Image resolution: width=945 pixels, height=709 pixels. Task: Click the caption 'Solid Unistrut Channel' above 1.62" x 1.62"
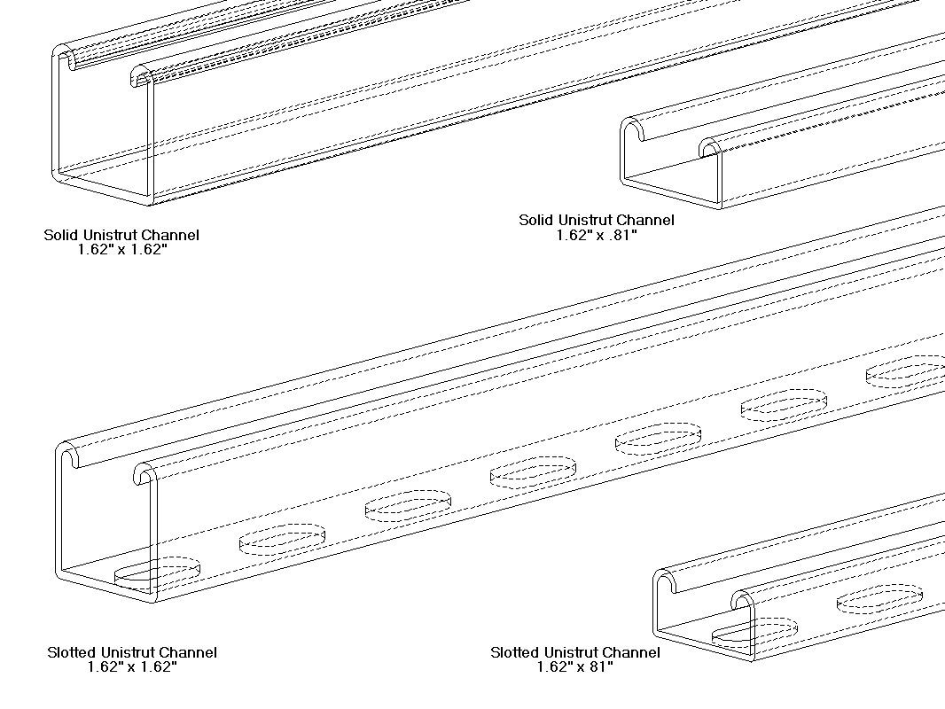(121, 235)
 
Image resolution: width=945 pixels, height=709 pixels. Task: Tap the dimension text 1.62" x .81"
(597, 235)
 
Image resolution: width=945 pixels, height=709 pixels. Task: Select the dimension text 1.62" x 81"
(574, 667)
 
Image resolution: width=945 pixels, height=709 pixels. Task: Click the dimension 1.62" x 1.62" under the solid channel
(121, 250)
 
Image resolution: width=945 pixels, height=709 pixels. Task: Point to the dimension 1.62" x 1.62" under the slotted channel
(132, 667)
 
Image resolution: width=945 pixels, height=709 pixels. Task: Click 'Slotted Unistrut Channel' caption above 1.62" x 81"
(574, 652)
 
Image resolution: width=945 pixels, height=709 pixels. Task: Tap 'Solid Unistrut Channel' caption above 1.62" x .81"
(597, 220)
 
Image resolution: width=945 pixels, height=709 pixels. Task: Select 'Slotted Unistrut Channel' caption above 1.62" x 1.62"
(132, 652)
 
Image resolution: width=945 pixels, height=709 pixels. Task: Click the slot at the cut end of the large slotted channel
(157, 573)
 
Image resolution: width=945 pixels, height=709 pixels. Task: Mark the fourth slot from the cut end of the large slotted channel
(533, 471)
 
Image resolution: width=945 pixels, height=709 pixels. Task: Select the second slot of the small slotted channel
(879, 598)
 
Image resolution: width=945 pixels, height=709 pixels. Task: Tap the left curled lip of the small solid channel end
(633, 129)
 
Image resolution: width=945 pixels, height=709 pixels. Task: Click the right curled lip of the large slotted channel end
(144, 474)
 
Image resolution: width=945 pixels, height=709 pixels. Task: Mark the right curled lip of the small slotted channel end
(743, 601)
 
